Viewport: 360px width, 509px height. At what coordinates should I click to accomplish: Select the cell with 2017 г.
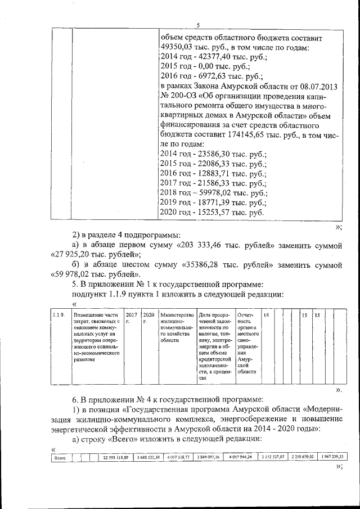pos(131,318)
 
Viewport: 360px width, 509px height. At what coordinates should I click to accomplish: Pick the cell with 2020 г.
pos(148,318)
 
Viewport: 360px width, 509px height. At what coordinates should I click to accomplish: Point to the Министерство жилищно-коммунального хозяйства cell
pos(177,327)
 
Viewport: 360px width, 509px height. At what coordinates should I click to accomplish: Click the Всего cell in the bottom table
pos(59,457)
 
